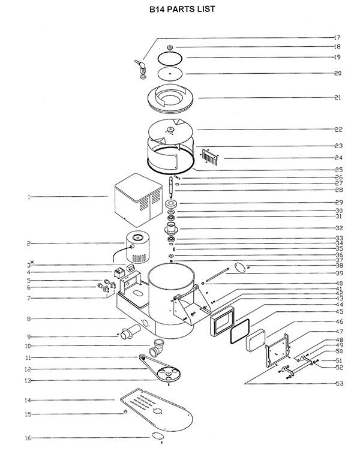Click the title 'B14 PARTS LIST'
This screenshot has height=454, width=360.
point(182,9)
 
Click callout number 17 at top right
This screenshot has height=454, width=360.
point(337,37)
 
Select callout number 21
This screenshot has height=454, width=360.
point(338,98)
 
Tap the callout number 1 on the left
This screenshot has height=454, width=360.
point(29,197)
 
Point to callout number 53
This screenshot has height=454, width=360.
point(340,383)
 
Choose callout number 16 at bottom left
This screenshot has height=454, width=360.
point(28,438)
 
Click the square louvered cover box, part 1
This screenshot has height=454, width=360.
point(139,200)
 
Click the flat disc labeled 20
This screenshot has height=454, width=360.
point(170,74)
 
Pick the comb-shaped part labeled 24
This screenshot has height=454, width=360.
point(209,157)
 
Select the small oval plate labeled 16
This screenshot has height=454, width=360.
point(158,436)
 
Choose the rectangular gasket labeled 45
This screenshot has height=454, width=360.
point(240,331)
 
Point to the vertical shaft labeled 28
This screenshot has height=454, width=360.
point(171,187)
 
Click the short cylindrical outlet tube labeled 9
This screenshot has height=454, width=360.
point(130,332)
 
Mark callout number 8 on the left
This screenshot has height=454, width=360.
point(29,319)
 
